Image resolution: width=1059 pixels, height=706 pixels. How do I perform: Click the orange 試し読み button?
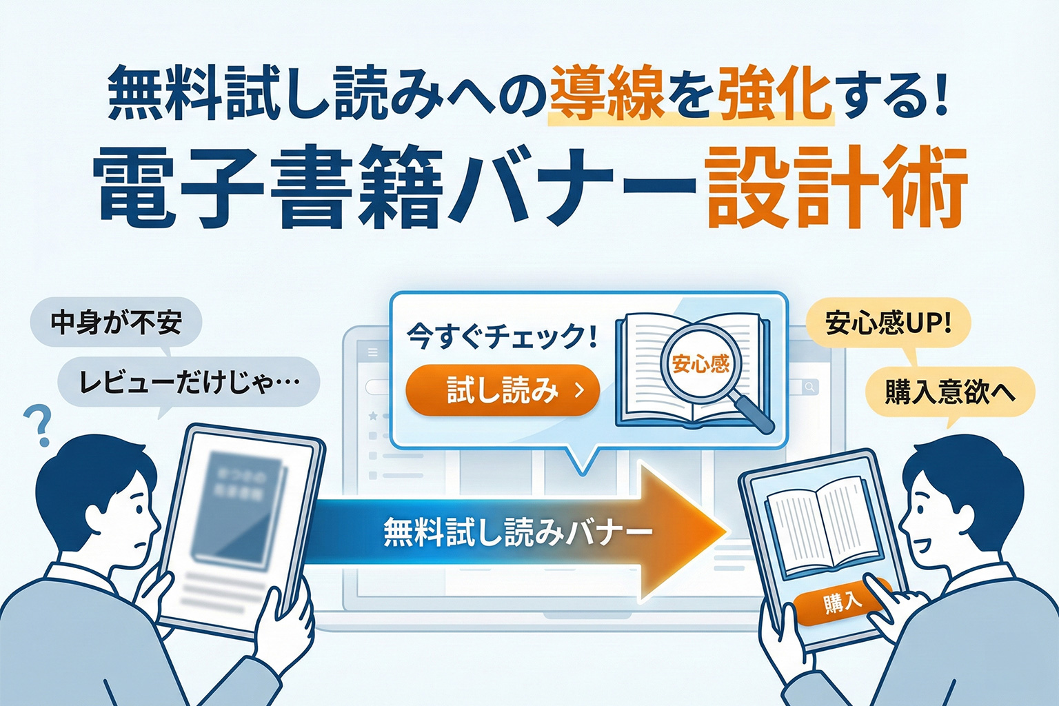[503, 390]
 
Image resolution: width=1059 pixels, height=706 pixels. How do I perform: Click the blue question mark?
[39, 425]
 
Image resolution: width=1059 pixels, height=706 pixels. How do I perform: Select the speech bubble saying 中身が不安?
[116, 322]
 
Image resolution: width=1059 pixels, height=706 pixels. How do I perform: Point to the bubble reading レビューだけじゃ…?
[189, 382]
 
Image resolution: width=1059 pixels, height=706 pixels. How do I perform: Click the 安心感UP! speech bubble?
[888, 322]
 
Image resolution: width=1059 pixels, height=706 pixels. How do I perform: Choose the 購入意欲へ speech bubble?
[949, 392]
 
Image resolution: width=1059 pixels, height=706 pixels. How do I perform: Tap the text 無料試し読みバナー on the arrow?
[517, 532]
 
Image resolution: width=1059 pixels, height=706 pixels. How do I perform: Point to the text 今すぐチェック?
[502, 337]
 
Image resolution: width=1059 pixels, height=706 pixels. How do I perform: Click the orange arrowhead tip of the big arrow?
[717, 532]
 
